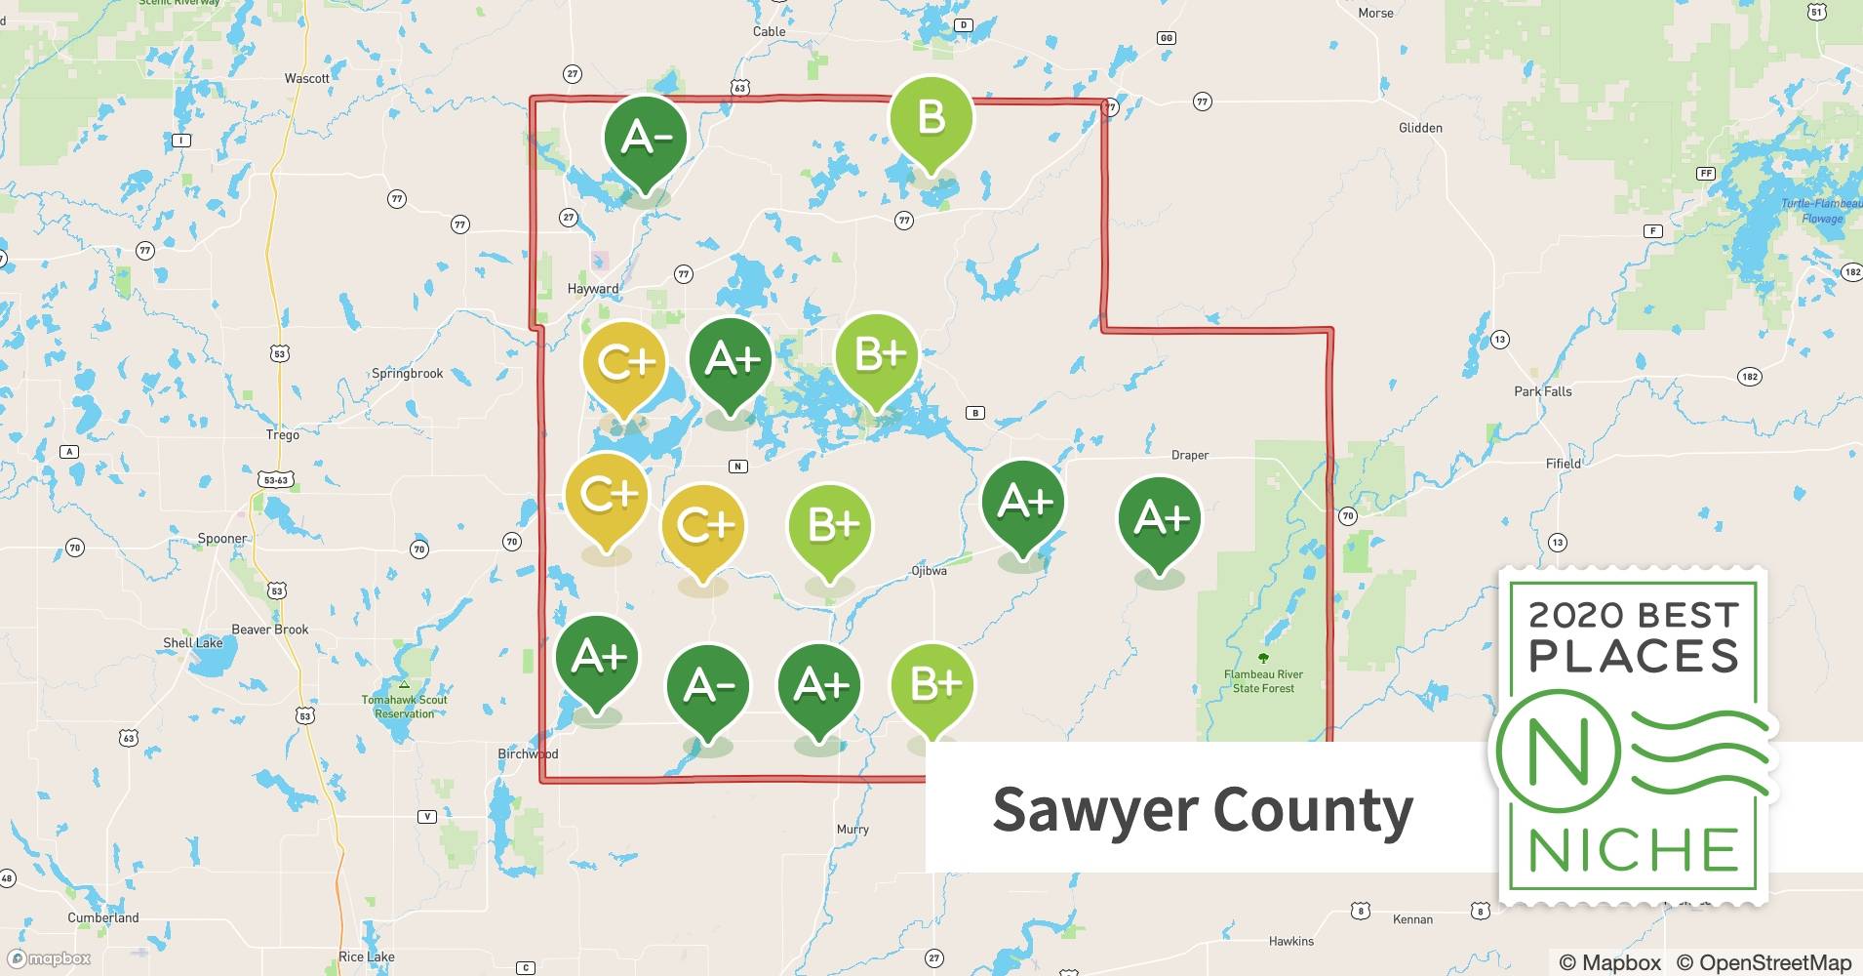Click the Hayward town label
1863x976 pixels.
click(x=593, y=289)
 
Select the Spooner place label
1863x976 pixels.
click(x=222, y=539)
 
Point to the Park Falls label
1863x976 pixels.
click(x=1542, y=391)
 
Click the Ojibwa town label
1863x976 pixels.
click(x=929, y=571)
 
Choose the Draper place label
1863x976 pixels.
click(x=1189, y=455)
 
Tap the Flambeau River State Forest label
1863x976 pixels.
click(x=1263, y=681)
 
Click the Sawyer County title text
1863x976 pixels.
click(x=1202, y=810)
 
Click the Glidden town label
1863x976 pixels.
click(x=1420, y=128)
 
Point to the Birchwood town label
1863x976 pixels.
click(x=528, y=753)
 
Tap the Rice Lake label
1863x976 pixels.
click(x=367, y=956)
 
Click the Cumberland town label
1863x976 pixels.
click(x=103, y=917)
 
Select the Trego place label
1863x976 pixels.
click(x=283, y=435)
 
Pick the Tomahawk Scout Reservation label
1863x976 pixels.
click(x=404, y=707)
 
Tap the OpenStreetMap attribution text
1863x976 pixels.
click(x=1764, y=962)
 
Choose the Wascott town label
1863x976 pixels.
click(x=307, y=78)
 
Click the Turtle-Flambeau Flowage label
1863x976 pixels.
click(x=1821, y=211)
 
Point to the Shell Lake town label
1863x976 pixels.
click(x=193, y=643)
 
